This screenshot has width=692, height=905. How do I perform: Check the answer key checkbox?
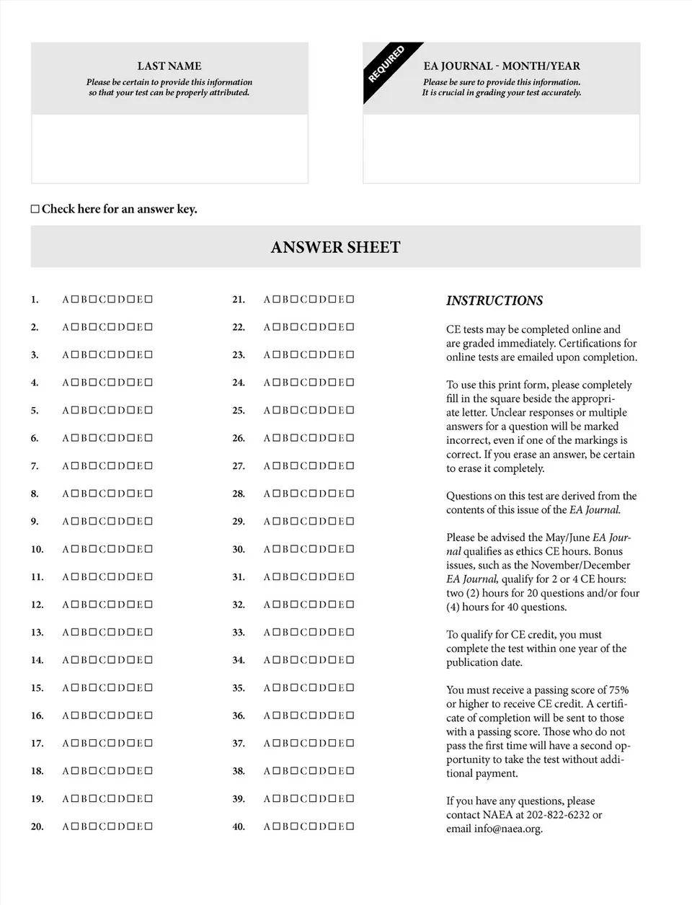click(x=35, y=209)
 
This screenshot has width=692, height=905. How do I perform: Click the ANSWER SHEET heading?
click(x=335, y=247)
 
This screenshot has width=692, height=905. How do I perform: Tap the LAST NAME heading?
click(x=169, y=66)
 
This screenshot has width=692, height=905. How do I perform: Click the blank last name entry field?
click(x=169, y=148)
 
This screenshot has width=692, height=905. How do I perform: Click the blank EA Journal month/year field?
click(x=501, y=148)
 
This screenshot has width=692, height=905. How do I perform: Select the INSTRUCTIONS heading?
click(x=494, y=300)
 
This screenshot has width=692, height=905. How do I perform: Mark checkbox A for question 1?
click(x=74, y=299)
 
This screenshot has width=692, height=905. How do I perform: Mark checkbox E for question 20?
click(x=148, y=826)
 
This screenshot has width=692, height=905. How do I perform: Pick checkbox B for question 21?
click(x=294, y=299)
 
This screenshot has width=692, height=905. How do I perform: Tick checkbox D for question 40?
click(x=332, y=826)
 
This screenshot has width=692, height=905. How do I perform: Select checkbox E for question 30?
click(x=350, y=549)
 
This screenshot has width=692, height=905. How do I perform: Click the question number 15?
click(x=37, y=688)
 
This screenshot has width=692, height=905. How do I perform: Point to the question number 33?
click(x=239, y=633)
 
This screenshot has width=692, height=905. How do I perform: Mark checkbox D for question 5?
click(x=130, y=410)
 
